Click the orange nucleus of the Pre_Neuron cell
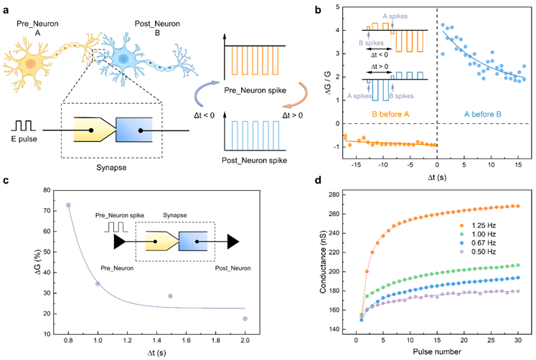30,65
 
